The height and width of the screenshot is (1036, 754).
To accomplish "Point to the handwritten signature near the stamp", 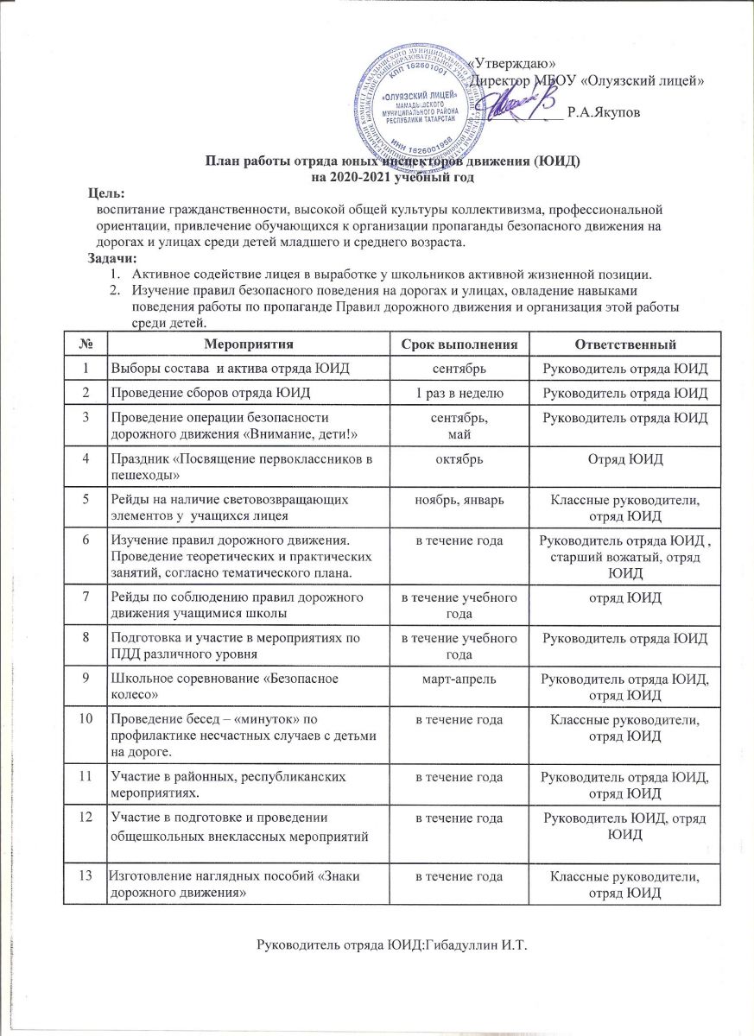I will pos(515,108).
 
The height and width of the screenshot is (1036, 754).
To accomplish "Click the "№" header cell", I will pos(86,344).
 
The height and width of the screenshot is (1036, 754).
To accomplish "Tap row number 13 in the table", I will pos(86,875).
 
